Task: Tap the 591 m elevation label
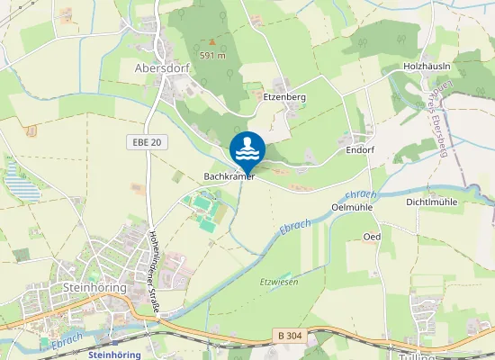point(212,55)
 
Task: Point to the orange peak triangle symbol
point(212,40)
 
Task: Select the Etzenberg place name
point(285,95)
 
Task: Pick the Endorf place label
point(360,151)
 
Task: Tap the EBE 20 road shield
point(144,142)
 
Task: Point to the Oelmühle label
point(352,206)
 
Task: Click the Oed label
point(371,236)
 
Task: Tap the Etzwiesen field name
point(278,282)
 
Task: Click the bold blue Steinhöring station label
point(116,355)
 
